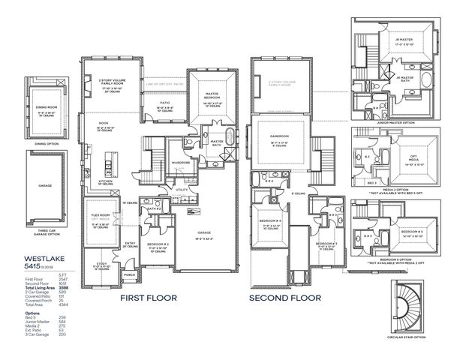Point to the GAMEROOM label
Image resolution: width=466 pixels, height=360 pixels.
coord(278,136)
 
